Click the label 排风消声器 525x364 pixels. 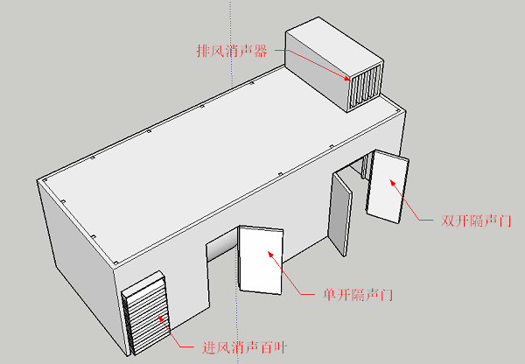coord(232,51)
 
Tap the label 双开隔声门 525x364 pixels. coord(476,220)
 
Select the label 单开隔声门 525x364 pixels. coord(358,295)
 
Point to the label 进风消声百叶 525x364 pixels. coord(244,347)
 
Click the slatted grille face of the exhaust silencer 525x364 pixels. coord(366,87)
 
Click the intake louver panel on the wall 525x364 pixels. coord(146,314)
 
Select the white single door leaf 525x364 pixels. coord(261,260)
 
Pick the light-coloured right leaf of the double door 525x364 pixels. coord(388,185)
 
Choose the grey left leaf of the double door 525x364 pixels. coord(339,214)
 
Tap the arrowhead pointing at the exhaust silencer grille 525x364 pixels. coord(346,79)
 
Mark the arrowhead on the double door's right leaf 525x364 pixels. coord(392,183)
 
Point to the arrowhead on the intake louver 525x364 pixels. coord(161,318)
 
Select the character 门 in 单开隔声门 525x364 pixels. coord(387,295)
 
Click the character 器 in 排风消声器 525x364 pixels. coord(261,51)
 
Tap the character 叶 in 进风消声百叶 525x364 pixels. coord(280,347)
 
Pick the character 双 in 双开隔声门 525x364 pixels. coord(448,220)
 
